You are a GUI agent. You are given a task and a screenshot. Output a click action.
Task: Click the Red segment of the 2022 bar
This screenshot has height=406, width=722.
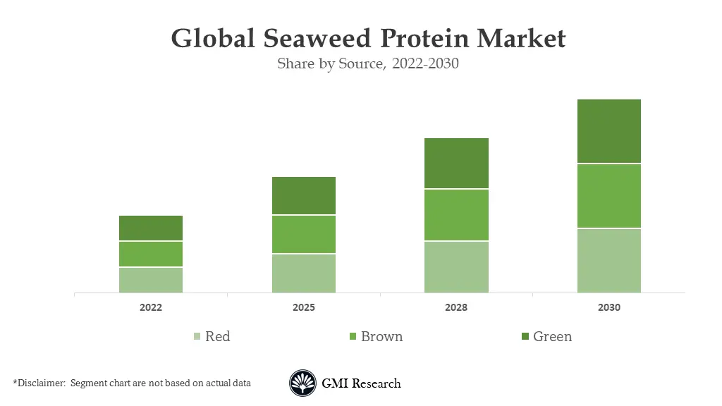click(151, 280)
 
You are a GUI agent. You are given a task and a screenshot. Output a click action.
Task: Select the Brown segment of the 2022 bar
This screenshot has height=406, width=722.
click(151, 254)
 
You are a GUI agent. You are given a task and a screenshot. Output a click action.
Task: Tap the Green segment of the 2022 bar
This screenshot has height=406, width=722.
click(151, 228)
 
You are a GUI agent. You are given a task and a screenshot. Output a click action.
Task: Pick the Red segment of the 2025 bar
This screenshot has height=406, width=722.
click(304, 273)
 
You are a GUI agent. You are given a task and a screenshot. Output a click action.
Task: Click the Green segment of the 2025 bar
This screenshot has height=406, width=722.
click(304, 195)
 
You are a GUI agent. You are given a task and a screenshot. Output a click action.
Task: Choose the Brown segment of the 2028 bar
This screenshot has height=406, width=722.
click(456, 215)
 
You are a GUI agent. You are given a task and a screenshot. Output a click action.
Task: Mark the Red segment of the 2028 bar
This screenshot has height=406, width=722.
click(456, 266)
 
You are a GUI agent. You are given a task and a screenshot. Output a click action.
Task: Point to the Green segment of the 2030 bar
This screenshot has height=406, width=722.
click(609, 131)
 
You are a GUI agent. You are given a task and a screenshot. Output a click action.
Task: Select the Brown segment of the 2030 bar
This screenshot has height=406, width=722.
click(609, 196)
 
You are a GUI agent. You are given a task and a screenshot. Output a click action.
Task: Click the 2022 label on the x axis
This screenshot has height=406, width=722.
click(151, 308)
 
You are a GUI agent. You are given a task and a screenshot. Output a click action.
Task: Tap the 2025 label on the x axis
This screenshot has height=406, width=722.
click(304, 308)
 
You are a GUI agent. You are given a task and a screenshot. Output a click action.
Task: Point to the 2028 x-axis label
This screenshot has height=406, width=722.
click(456, 308)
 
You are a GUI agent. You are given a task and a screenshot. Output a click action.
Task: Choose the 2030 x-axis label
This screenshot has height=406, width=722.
click(609, 308)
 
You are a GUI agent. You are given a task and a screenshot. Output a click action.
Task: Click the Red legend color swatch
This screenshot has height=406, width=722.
click(197, 337)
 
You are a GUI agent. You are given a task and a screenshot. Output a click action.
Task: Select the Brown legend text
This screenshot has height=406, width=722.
click(381, 336)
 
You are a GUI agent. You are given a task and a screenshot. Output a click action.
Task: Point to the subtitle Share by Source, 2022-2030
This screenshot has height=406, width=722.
click(368, 63)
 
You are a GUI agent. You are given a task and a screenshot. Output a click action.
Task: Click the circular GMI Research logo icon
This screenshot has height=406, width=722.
click(302, 383)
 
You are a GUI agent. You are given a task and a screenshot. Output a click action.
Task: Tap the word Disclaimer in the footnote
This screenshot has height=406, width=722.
click(41, 383)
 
